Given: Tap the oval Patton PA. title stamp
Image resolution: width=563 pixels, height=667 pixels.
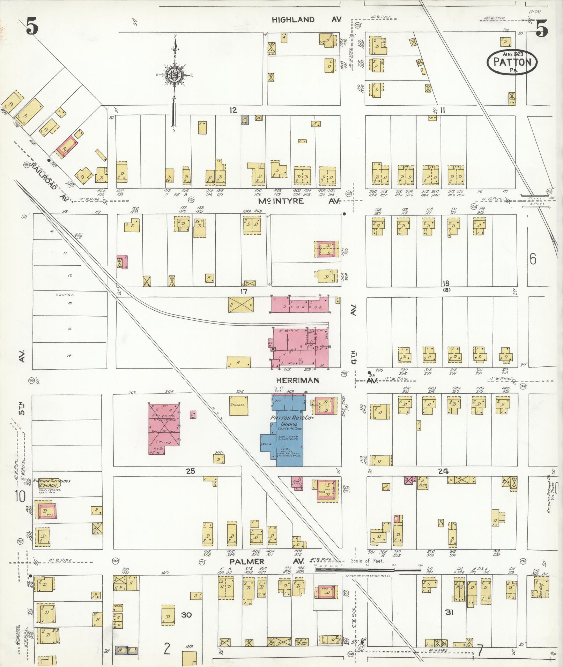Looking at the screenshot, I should [512, 62].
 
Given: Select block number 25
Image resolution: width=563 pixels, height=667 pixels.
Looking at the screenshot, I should [190, 471].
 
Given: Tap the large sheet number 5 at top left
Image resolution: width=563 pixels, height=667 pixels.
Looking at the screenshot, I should [32, 27].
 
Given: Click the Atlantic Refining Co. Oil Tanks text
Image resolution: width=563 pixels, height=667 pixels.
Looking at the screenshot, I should [551, 495].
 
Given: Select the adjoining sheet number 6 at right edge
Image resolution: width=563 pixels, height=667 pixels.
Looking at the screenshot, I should [533, 259].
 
